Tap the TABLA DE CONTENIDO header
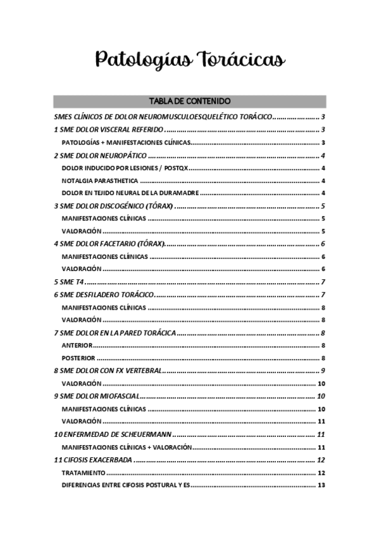pos(189,101)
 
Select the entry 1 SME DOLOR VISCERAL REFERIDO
pos(104,130)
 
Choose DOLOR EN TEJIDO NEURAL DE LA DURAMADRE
pos(130,193)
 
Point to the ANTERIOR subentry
pos(77,345)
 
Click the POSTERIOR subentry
pos(78,358)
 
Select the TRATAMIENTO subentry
pos(84,473)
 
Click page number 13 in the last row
pos(321,486)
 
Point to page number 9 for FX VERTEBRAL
pos(323,370)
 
